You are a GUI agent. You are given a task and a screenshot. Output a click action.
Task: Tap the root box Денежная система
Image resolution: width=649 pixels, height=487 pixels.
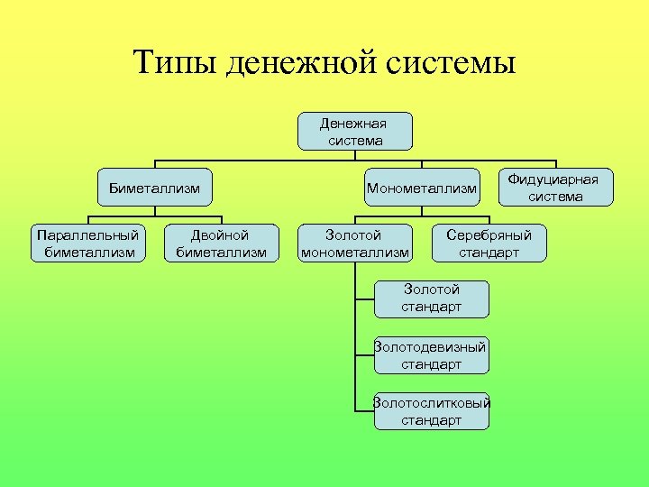pos(355,131)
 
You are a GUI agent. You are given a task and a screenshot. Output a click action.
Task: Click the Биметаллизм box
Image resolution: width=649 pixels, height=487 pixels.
pos(154,188)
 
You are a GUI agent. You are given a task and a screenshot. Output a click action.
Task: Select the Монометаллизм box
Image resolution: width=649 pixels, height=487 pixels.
pos(421,188)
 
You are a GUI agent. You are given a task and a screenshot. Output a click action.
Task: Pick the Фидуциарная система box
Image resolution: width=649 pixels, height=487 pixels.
pos(555,188)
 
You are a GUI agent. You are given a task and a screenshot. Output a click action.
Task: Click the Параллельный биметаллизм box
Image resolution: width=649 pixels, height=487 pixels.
pos(88,243)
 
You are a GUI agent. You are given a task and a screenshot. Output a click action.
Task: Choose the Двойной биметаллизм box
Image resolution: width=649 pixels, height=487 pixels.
pos(221,243)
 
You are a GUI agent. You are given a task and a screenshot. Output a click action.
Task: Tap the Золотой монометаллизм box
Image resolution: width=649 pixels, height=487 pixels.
pos(354,243)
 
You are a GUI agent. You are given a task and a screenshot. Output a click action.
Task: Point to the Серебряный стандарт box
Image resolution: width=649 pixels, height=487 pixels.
pos(489,243)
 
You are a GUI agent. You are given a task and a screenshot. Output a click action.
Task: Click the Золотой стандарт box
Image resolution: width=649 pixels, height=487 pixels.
pos(432,299)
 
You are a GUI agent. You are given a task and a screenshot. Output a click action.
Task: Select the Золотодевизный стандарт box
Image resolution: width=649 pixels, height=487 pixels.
pos(432,355)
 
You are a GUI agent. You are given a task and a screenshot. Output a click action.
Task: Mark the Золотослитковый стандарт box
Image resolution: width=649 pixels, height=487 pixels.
pos(432,411)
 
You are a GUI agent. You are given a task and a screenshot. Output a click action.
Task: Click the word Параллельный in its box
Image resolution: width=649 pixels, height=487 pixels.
pos(88,234)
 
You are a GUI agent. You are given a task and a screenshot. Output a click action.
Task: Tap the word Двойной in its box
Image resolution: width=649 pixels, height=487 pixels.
pos(221,234)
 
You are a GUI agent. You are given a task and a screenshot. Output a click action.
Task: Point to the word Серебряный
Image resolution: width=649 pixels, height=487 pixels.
pos(489,234)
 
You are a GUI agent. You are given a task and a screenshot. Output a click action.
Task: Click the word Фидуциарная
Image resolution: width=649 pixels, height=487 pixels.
pos(555,179)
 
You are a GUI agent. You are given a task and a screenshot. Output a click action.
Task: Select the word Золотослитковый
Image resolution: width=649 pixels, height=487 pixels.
pos(432,403)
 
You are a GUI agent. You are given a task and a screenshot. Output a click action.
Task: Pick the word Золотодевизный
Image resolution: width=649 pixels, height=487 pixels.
pos(432,347)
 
